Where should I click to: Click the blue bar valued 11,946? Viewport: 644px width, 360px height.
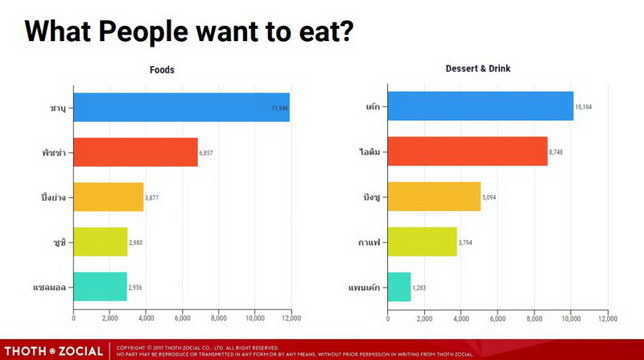pos(181,106)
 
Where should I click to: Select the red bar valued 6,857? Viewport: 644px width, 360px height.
pos(135,151)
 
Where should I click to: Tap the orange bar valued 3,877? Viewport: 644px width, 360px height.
pos(109,197)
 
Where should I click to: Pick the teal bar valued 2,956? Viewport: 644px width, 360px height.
pos(100,286)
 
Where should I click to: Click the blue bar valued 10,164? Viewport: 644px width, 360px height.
pos(480,106)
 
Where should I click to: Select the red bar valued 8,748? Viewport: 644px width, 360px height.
pos(467,151)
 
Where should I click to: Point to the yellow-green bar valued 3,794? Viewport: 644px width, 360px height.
pos(422,241)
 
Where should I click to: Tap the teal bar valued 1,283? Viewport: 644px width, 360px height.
pos(398,286)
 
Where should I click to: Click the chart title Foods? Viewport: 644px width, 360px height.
pos(162,70)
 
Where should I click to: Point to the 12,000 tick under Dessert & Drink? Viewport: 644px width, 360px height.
pos(607,318)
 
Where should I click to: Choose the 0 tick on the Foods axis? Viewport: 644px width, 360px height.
pos(73,318)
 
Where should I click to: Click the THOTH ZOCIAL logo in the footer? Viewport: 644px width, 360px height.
pos(53,351)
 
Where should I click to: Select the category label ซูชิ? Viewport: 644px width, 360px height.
pos(57,242)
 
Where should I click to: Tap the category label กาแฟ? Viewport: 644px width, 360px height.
pos(369,242)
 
